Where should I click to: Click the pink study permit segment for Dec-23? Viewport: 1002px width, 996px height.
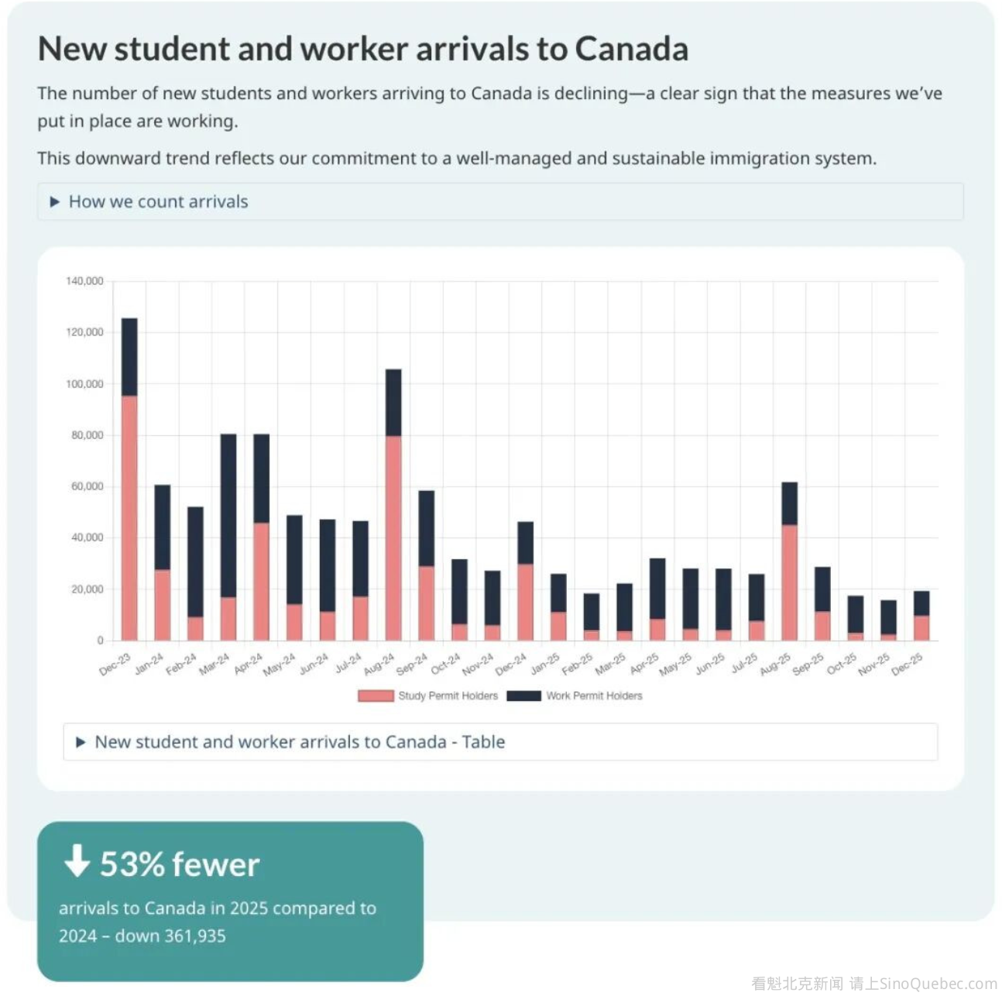coord(129,517)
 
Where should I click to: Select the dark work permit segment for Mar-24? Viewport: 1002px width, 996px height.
coord(228,515)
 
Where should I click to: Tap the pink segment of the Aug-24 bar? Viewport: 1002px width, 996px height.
coord(393,537)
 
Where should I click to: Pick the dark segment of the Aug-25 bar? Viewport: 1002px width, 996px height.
coord(789,503)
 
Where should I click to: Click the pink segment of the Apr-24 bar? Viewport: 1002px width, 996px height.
coord(262,581)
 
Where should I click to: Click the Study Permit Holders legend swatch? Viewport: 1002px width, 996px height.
coord(376,696)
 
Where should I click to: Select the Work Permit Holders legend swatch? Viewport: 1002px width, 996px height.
coord(523,696)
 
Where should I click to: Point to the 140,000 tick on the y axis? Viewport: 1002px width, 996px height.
coord(84,281)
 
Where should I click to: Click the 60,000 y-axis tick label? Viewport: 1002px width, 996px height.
coord(87,486)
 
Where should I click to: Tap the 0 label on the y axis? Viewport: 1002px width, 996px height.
coord(100,641)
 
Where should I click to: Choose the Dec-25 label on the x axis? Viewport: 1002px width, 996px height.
coord(908,664)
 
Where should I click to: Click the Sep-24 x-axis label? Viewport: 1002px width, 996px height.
coord(412,664)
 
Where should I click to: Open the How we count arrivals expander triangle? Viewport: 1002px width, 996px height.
coord(55,202)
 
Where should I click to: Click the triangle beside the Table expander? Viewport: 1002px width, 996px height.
coord(81,743)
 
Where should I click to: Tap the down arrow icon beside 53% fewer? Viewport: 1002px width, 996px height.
coord(77,860)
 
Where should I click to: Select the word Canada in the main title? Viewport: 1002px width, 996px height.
coord(631,49)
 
